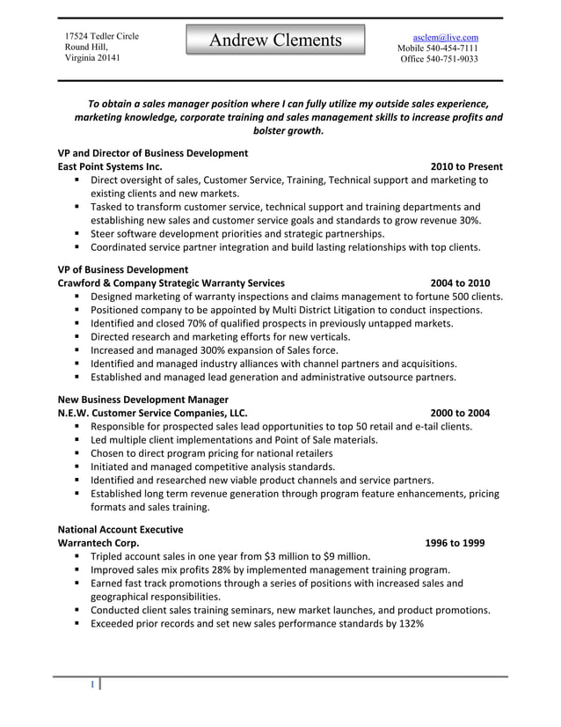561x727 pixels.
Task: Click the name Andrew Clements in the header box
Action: click(x=275, y=40)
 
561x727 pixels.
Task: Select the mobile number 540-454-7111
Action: click(x=451, y=48)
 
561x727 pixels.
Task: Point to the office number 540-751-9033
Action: click(x=451, y=60)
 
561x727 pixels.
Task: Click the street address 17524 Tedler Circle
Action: click(x=102, y=35)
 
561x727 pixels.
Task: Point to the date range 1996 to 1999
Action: click(x=454, y=543)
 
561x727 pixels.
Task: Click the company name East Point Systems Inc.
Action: click(x=109, y=166)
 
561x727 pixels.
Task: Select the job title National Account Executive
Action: click(x=120, y=530)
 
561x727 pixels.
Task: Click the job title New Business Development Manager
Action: click(x=142, y=400)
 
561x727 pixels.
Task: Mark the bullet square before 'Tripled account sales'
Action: click(x=78, y=556)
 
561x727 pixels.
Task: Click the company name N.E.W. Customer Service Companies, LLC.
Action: click(x=152, y=413)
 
